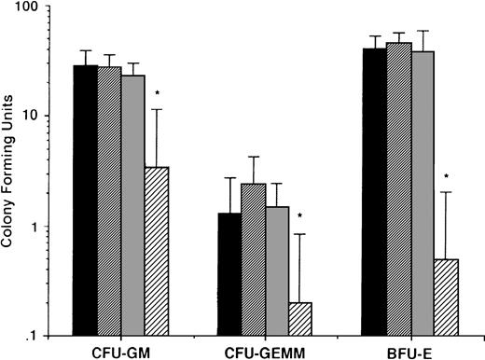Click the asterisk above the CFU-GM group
[158, 94]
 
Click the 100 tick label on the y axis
[37, 8]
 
